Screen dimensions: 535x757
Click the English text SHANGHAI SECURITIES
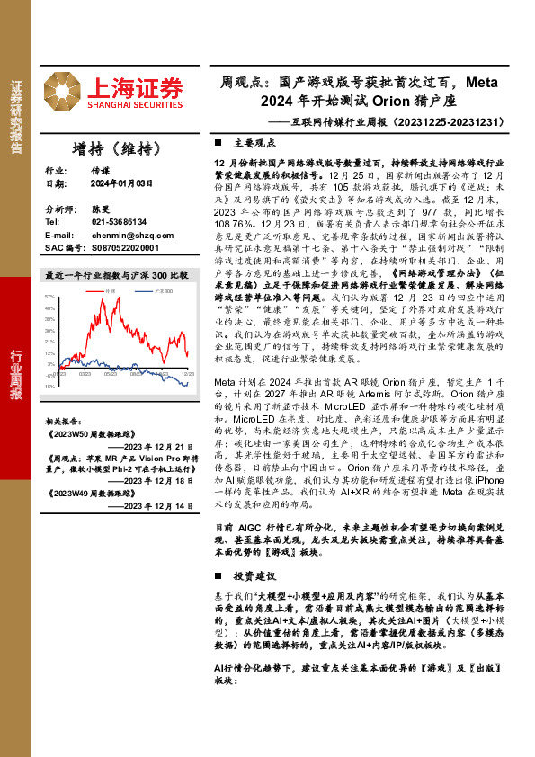click(135, 104)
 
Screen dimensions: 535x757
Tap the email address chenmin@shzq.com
click(127, 234)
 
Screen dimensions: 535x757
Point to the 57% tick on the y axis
click(49, 296)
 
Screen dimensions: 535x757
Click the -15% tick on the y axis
click(49, 387)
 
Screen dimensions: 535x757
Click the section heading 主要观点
click(252, 142)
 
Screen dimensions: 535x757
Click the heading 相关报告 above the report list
click(63, 420)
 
